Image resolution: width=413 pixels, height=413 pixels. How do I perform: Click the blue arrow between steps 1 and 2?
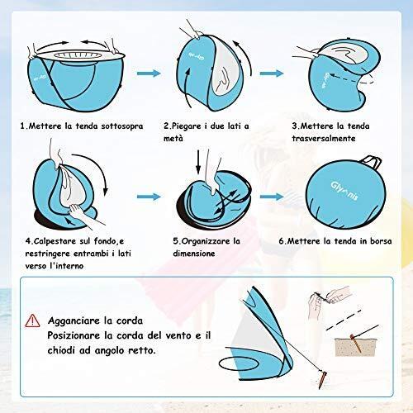coord(149,74)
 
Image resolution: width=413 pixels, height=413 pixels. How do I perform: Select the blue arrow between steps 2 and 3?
coord(272,74)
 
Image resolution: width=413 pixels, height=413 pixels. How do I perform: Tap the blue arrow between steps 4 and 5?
coord(149,197)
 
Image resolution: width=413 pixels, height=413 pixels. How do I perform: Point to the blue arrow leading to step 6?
coord(272,197)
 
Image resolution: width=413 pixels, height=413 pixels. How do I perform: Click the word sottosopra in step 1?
coord(122,126)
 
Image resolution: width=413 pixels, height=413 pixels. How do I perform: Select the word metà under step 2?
coord(173,138)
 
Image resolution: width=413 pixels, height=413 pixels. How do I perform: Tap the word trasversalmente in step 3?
coord(324,138)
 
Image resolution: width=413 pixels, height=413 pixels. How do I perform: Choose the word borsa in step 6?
coord(381,241)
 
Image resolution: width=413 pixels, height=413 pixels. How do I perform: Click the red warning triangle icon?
coord(32,320)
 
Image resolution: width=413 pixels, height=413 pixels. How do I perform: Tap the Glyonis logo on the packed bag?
coord(344,191)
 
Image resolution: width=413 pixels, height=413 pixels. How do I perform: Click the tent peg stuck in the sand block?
coord(355,343)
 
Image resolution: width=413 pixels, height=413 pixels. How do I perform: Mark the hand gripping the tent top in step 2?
coord(192,31)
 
